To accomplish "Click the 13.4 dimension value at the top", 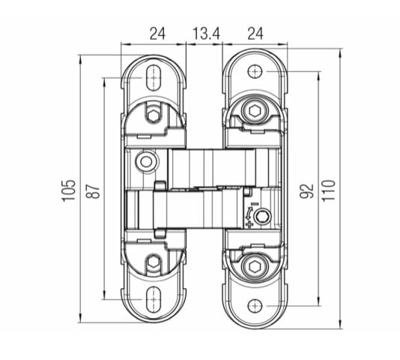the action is coord(206,34).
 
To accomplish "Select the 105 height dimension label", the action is coord(69,190).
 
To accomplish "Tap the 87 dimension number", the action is coord(94,190).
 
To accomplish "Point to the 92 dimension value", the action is coord(306,190).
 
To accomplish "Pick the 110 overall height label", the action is coord(329,190).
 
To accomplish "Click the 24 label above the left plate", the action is coord(157,34).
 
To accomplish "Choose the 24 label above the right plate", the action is coord(255,34).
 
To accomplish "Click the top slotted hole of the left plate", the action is coord(154,77).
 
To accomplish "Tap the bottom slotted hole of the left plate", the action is coord(154,299).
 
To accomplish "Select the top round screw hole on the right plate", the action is coord(255,71).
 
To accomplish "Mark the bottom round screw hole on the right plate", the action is coord(255,305).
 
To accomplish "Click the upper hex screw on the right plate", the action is coord(255,111).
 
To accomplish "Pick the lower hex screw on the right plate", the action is coord(255,266).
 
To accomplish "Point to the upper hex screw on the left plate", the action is coord(154,115).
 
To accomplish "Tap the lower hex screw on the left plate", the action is coord(154,262).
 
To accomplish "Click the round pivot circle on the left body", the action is coord(146,162).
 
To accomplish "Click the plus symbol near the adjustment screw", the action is coord(249,224).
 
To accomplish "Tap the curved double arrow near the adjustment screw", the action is coord(248,213).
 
